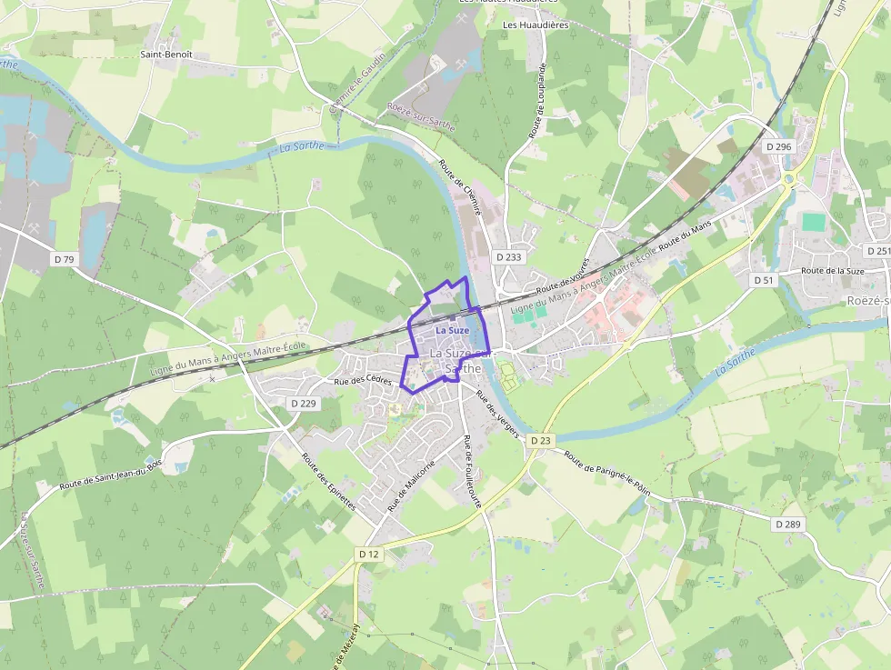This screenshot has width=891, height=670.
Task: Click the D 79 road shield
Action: tap(64, 259)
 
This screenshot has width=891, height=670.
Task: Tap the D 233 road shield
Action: tap(509, 257)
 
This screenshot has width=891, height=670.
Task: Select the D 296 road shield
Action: tap(779, 146)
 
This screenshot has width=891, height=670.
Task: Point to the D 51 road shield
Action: tap(764, 280)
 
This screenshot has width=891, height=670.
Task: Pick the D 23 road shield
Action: tap(540, 441)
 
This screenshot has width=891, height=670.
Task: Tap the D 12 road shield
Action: tap(368, 554)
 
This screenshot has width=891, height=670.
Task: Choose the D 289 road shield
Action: tap(788, 525)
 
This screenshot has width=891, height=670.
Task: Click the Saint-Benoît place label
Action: tap(166, 55)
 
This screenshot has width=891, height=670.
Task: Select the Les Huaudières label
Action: tap(536, 25)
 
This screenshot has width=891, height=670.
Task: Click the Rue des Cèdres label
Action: tap(363, 382)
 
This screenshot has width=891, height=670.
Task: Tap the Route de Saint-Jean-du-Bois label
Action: tap(110, 475)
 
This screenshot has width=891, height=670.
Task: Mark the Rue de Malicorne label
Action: tap(411, 485)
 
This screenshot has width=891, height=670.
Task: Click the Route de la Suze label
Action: tap(832, 271)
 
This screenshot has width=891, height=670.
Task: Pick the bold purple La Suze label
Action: tap(453, 330)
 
